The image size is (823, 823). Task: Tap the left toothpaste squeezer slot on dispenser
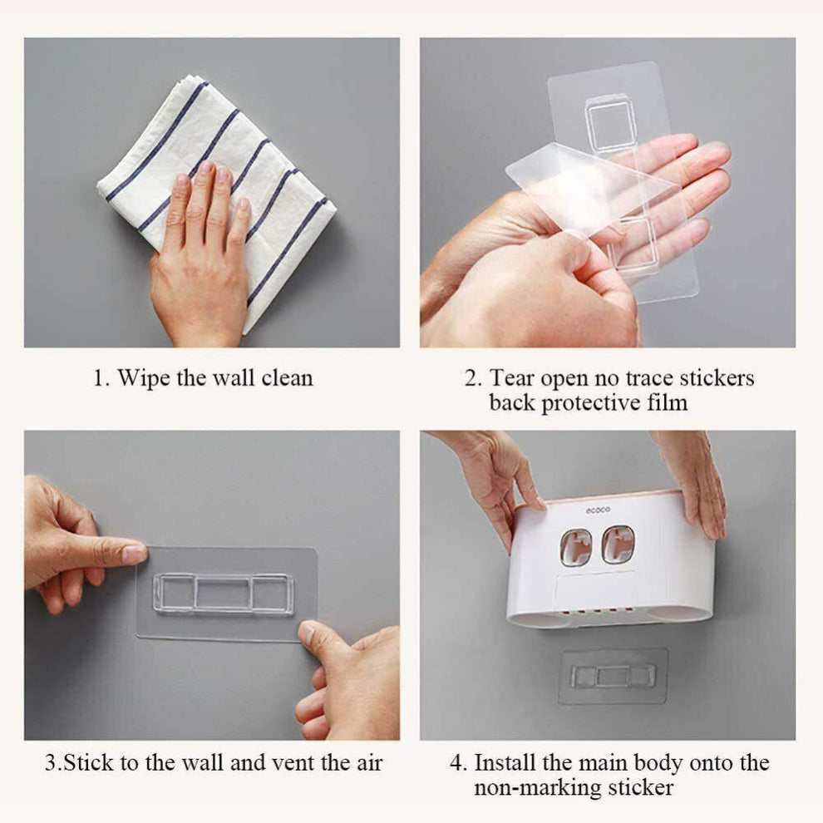[x=575, y=546]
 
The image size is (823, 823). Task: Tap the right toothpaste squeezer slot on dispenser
[x=618, y=545]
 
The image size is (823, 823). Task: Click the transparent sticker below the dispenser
[x=614, y=676]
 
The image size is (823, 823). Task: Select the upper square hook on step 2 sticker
[x=611, y=123]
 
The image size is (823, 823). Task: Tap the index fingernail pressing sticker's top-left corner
[x=134, y=554]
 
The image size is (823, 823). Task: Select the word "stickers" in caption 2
[x=715, y=378]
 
